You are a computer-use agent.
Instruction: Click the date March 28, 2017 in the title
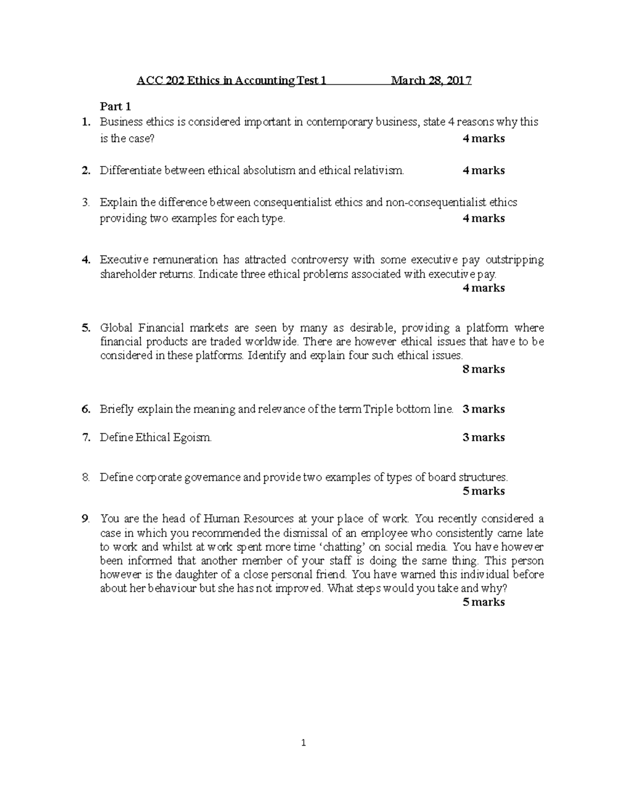pyautogui.click(x=431, y=81)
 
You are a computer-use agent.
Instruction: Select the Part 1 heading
pyautogui.click(x=115, y=106)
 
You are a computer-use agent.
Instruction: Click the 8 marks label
pyautogui.click(x=483, y=369)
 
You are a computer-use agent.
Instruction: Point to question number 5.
pyautogui.click(x=85, y=328)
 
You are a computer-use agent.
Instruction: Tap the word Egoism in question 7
pyautogui.click(x=193, y=438)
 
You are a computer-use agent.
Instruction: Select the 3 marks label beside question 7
pyautogui.click(x=483, y=437)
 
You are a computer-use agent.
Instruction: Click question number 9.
pyautogui.click(x=85, y=518)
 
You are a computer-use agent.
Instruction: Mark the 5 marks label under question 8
pyautogui.click(x=483, y=491)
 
